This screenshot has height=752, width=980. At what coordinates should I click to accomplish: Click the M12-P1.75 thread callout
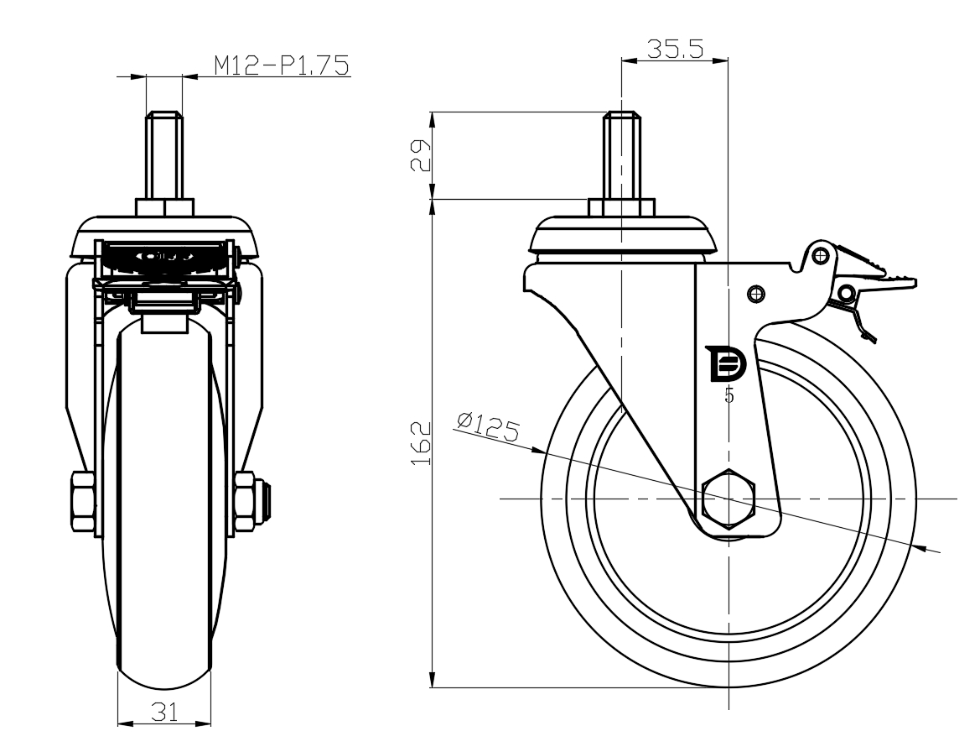point(280,65)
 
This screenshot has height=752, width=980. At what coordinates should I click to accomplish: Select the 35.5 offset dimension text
point(674,49)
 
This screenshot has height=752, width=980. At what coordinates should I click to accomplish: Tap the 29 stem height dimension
point(421,155)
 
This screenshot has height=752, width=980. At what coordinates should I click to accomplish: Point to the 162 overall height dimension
point(421,444)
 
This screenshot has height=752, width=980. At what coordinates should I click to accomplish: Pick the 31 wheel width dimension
point(164,713)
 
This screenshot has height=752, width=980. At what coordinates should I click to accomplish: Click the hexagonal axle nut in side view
point(729,499)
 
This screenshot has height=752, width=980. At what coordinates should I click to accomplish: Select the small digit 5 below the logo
point(729,395)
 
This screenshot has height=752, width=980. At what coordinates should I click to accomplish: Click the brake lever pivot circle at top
point(820,253)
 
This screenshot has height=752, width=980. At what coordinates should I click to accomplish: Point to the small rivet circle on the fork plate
point(756,293)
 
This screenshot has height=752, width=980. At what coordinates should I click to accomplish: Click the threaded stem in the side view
point(621,155)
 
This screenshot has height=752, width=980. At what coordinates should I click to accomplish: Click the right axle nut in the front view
point(244,502)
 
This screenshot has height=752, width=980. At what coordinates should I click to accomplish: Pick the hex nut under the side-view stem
point(621,207)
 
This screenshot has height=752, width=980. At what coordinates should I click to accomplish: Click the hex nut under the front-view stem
point(164,207)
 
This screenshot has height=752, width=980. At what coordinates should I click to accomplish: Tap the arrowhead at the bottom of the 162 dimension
point(433,681)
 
